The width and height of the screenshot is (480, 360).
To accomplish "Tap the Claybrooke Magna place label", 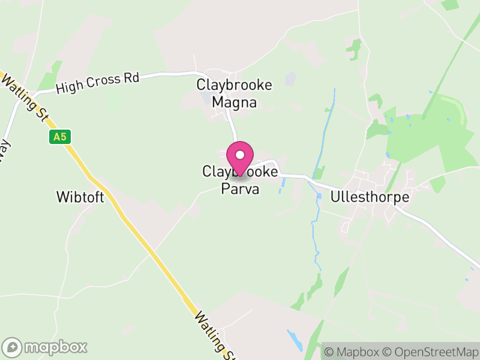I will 235,94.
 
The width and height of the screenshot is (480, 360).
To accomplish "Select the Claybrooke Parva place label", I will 240,181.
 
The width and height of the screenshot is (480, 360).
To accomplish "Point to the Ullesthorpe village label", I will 370,197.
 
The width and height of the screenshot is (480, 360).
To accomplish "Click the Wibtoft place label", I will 80,197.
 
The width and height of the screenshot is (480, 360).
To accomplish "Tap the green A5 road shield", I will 58,137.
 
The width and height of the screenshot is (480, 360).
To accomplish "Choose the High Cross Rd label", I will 97,83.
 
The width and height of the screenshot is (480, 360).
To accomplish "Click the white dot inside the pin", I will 240,155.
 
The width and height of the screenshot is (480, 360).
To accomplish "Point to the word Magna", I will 235,103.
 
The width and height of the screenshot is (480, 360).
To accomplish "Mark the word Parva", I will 240,190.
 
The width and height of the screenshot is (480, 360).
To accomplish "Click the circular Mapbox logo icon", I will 13,347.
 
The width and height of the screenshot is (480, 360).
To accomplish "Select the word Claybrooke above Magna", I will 235,85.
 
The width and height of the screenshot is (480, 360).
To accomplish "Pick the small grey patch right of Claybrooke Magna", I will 290,79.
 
